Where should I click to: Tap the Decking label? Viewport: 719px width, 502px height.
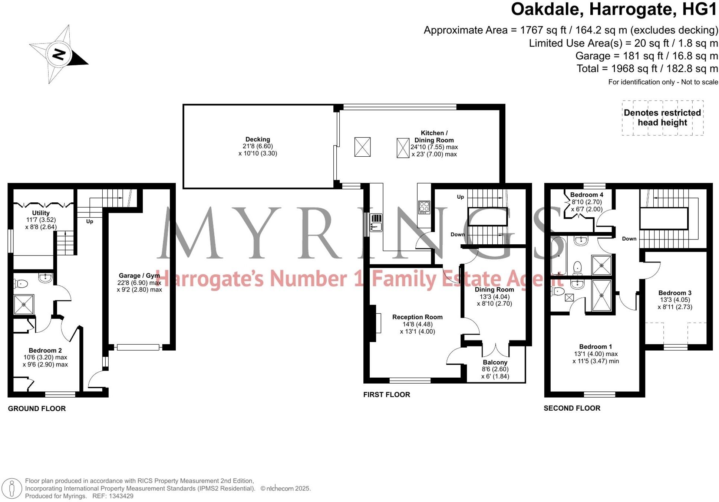click(258, 140)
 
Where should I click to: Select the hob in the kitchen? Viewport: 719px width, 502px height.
click(424, 207)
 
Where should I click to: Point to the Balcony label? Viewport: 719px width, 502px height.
click(495, 362)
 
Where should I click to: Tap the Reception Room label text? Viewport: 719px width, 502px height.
click(417, 317)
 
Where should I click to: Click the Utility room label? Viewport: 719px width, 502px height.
click(41, 213)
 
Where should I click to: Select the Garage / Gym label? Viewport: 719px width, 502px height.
click(139, 276)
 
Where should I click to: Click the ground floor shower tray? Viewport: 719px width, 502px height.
click(24, 304)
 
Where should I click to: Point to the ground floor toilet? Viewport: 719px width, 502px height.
click(20, 284)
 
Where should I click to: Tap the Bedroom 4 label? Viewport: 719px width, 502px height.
click(586, 195)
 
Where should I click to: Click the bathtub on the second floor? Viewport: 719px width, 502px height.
click(558, 255)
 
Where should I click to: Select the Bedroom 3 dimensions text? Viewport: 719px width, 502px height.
click(675, 303)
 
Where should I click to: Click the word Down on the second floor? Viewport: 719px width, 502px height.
click(629, 239)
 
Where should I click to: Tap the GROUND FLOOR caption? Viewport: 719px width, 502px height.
click(37, 408)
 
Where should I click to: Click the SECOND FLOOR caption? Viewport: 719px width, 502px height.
click(572, 408)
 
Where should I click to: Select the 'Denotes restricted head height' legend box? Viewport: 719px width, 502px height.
click(662, 118)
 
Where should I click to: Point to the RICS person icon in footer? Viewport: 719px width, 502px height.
click(12, 488)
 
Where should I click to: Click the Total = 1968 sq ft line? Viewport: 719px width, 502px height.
click(647, 69)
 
